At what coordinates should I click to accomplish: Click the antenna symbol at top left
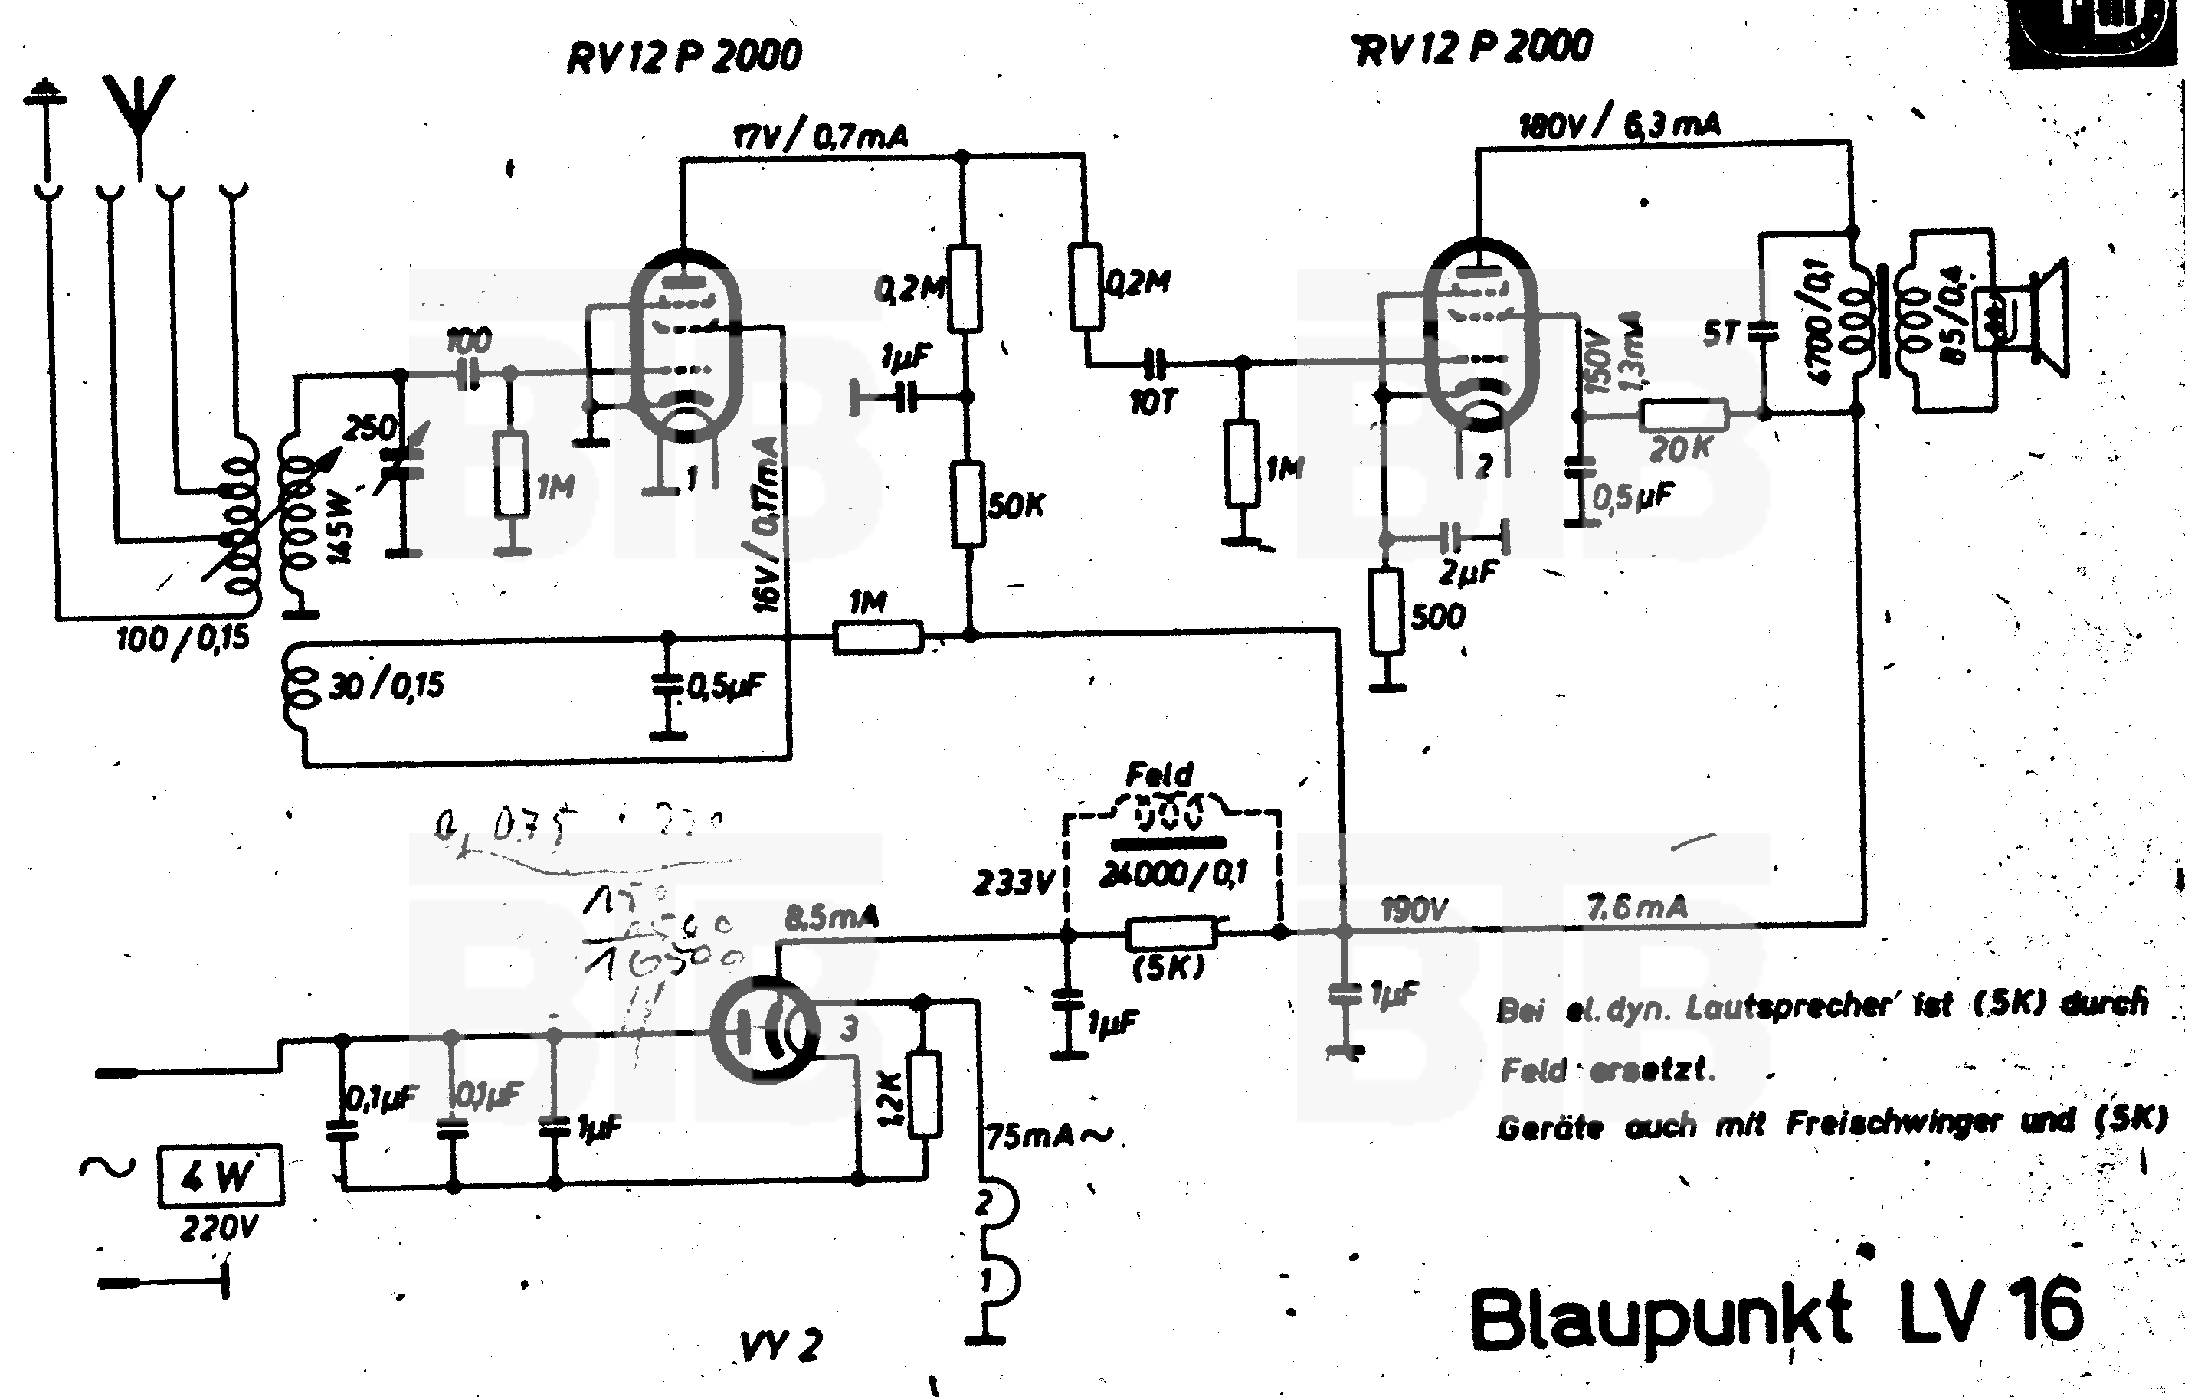pos(138,113)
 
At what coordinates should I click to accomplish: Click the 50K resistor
pos(968,505)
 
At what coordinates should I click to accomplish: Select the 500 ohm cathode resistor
pos(1387,611)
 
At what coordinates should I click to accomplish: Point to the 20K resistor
pos(1683,415)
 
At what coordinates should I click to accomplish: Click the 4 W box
pos(220,1176)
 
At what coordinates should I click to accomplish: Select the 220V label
pos(220,1229)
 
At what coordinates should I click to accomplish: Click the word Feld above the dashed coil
pos(1158,774)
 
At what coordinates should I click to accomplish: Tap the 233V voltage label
pos(1014,882)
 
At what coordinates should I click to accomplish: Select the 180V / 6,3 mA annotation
pos(1619,125)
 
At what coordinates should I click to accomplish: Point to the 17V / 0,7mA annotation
pos(820,137)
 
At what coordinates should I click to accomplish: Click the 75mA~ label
pos(1048,1136)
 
